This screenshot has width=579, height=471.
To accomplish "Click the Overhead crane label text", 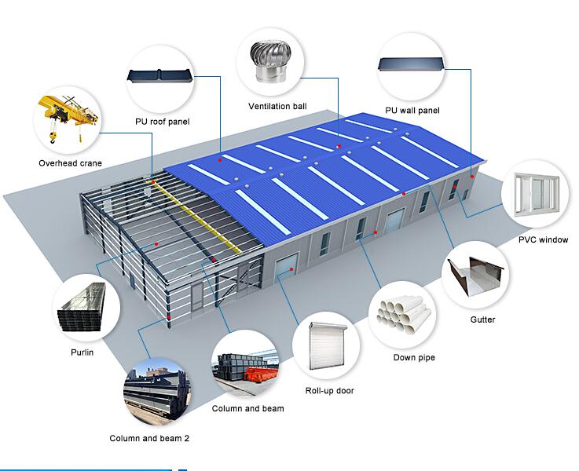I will (70, 163).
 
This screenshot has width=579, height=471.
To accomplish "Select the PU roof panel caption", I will (162, 122).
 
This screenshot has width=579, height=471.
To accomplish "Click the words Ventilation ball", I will (277, 106).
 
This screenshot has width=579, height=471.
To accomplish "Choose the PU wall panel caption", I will (412, 111).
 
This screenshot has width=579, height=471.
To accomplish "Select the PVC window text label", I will (543, 239).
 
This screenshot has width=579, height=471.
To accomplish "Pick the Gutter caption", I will (482, 319).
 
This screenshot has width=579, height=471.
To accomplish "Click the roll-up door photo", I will (326, 345).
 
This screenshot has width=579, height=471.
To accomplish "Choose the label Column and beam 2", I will (149, 438).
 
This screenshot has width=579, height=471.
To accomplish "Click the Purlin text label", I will (82, 352).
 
